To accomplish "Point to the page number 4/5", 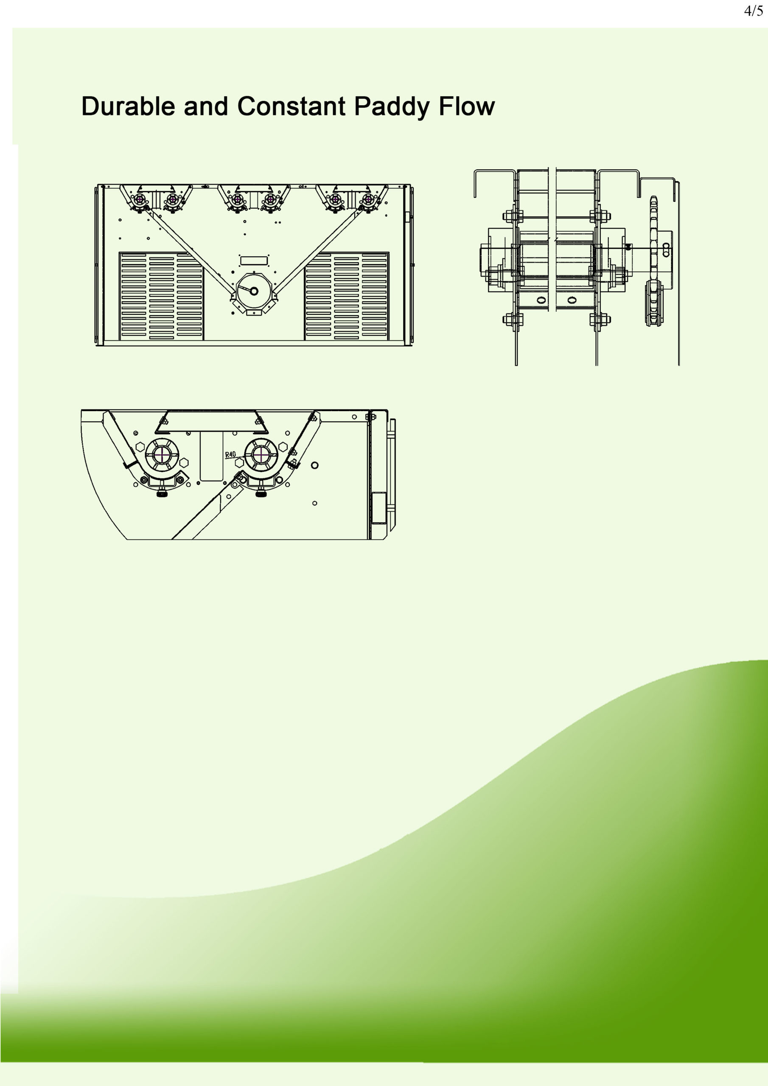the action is click(753, 11).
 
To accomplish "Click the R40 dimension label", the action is click(230, 454).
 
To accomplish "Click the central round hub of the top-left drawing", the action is click(254, 291).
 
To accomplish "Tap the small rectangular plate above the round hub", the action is click(254, 260).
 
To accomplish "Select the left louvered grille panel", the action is click(161, 296).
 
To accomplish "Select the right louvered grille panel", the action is click(346, 296).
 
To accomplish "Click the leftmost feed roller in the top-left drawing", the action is click(140, 200).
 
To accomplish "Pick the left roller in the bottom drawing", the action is click(163, 454).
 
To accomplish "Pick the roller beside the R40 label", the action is click(261, 454).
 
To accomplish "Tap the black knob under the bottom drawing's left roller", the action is click(163, 494).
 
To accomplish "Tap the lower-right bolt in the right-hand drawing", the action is click(600, 319).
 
